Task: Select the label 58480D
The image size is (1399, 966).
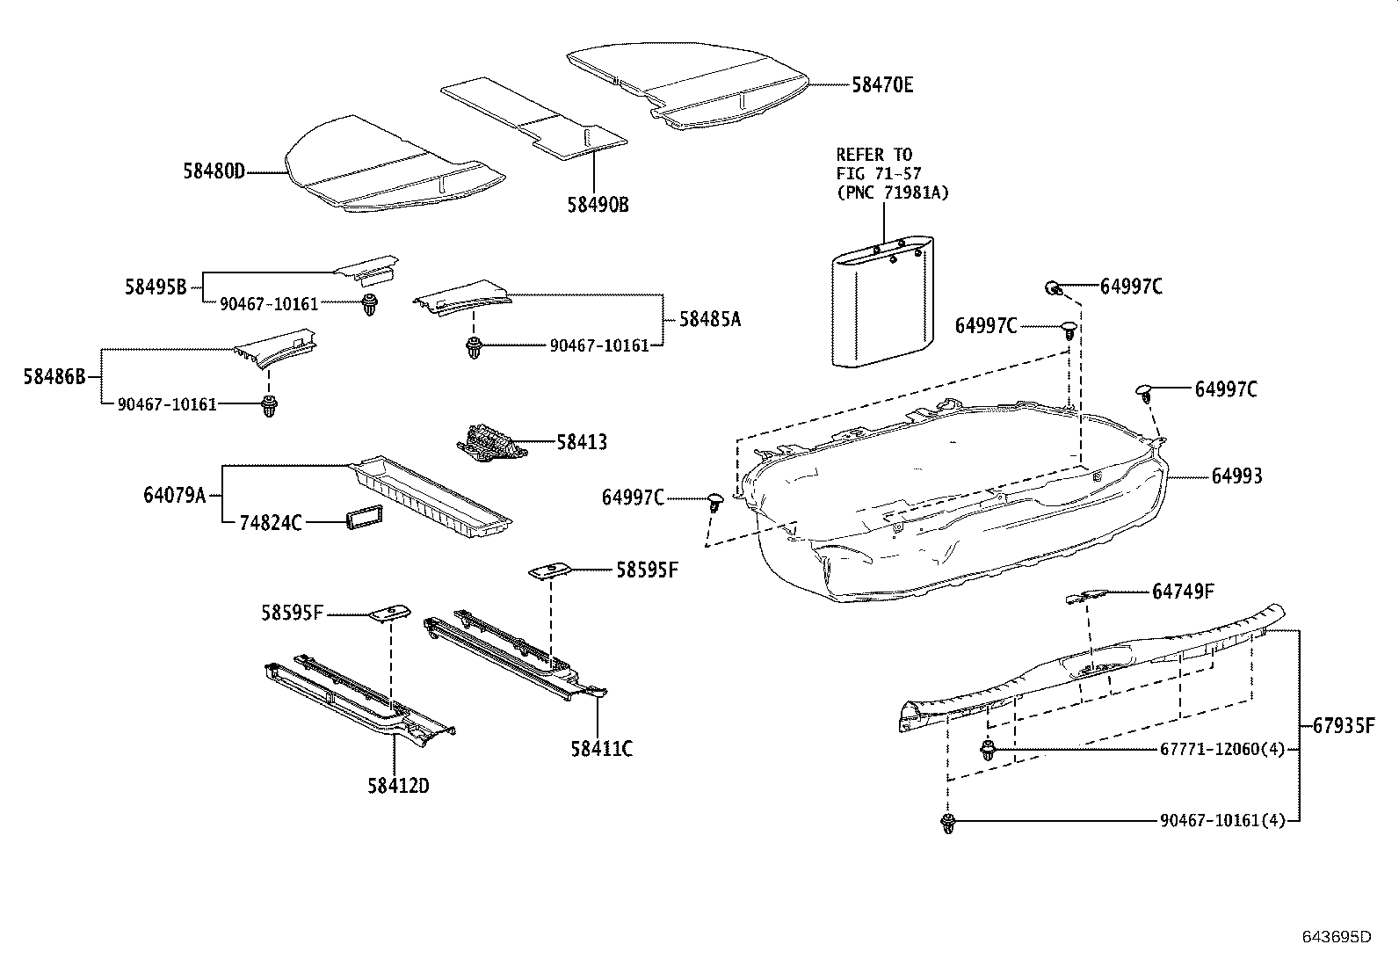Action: point(214,172)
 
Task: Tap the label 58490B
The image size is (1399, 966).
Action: point(598,205)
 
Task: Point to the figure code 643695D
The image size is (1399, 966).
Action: point(1336,937)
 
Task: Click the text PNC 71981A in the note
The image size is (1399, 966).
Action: point(893,192)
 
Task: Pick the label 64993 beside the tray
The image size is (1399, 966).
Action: point(1236,476)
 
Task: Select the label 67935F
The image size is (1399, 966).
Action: point(1344,727)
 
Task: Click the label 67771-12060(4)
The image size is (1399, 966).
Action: point(1221,750)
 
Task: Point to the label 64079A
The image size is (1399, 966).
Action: point(174,495)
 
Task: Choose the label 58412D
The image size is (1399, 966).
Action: point(398,786)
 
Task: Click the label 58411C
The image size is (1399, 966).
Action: point(601,749)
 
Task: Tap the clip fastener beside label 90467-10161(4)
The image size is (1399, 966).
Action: point(947,824)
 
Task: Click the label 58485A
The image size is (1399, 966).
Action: point(709,319)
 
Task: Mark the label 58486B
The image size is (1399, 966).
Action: point(54,377)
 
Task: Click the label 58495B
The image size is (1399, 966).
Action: point(155,287)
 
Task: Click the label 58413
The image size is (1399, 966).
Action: point(581,442)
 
